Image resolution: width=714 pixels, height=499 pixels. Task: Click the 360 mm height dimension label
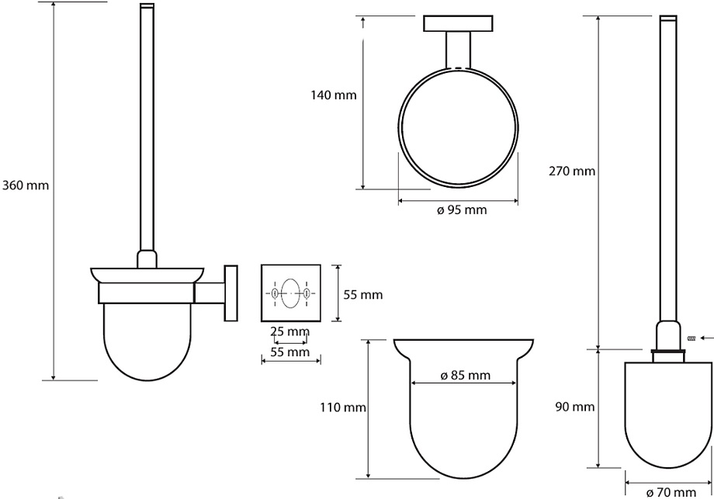pos(26,185)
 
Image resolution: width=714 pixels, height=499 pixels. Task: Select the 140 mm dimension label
pos(334,95)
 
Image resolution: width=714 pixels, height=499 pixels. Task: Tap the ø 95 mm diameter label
pos(462,210)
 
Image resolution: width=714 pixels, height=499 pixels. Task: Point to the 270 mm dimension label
pos(572,172)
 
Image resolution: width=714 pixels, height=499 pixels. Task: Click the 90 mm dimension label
pos(574,407)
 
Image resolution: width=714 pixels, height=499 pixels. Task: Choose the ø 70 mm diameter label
pos(671,492)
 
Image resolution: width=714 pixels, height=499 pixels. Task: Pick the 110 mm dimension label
pos(343,407)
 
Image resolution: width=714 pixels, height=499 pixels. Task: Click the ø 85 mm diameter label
pos(466,375)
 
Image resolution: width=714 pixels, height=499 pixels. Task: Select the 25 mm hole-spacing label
pos(290,331)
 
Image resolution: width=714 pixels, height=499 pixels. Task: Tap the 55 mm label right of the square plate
pos(363,295)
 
